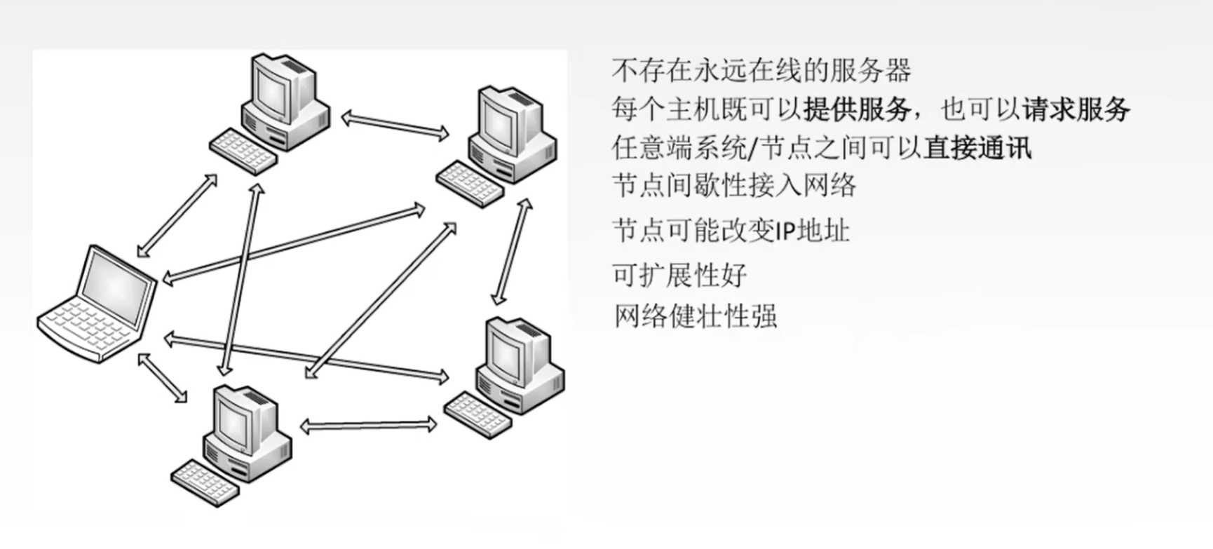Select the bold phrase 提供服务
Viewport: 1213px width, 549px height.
(x=858, y=109)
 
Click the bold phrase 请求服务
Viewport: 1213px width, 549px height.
(x=1076, y=109)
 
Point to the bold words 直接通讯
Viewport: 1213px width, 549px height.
(x=977, y=148)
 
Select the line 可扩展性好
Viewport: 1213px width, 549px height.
(x=679, y=275)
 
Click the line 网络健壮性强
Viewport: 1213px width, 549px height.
(x=696, y=316)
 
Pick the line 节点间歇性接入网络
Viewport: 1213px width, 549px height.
(x=734, y=186)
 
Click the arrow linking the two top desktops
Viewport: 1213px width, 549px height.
(x=395, y=126)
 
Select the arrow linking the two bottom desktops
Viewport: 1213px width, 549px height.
(x=368, y=426)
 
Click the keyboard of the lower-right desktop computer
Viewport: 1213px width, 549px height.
(x=478, y=414)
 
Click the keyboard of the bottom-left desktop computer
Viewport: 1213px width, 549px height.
(x=205, y=482)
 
